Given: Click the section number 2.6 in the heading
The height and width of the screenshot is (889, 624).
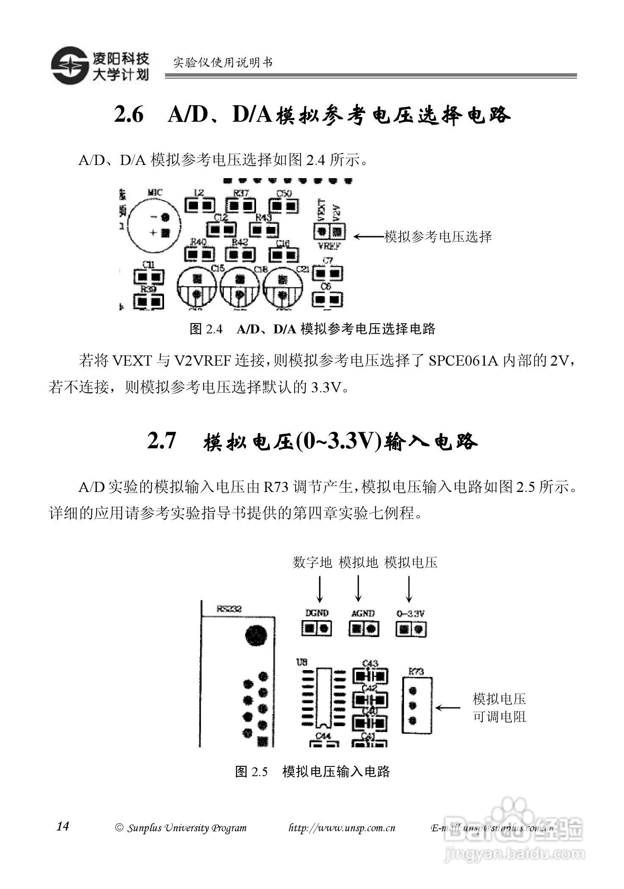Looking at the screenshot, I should pyautogui.click(x=129, y=115).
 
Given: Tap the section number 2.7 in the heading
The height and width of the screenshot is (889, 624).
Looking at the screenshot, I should pyautogui.click(x=162, y=441).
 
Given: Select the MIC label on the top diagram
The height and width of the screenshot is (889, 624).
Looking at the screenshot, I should pyautogui.click(x=155, y=193).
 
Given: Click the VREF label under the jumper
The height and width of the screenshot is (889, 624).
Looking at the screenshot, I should pyautogui.click(x=329, y=246).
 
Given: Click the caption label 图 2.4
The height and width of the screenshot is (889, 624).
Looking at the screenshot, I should pyautogui.click(x=206, y=329).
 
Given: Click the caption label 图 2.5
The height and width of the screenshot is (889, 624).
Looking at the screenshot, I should pyautogui.click(x=251, y=772).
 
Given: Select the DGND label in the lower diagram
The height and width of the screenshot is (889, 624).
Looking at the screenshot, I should pyautogui.click(x=317, y=613).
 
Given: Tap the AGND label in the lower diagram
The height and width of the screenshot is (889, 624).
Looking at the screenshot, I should pyautogui.click(x=363, y=613).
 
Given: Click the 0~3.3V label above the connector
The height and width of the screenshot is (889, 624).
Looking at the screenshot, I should pyautogui.click(x=410, y=613).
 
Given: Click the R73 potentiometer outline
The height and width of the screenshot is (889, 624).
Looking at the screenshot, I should pyautogui.click(x=417, y=706).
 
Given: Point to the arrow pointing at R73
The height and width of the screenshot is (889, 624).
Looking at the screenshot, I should pyautogui.click(x=448, y=707).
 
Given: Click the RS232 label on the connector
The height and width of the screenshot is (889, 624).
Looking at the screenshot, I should pyautogui.click(x=229, y=609).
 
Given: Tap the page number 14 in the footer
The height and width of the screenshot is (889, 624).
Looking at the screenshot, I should pyautogui.click(x=62, y=826).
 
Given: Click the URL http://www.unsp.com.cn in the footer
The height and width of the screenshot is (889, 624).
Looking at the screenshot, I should pyautogui.click(x=342, y=828).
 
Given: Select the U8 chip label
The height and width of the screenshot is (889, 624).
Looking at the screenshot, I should pyautogui.click(x=302, y=661).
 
